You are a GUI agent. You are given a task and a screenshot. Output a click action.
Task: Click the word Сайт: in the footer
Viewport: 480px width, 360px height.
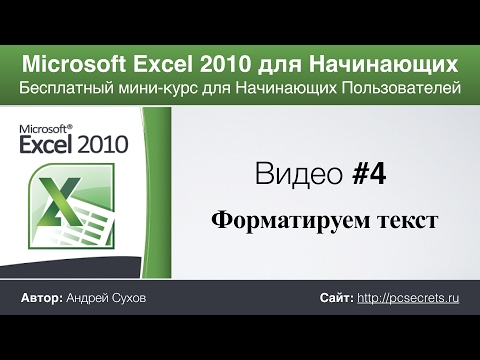[x=335, y=299]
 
